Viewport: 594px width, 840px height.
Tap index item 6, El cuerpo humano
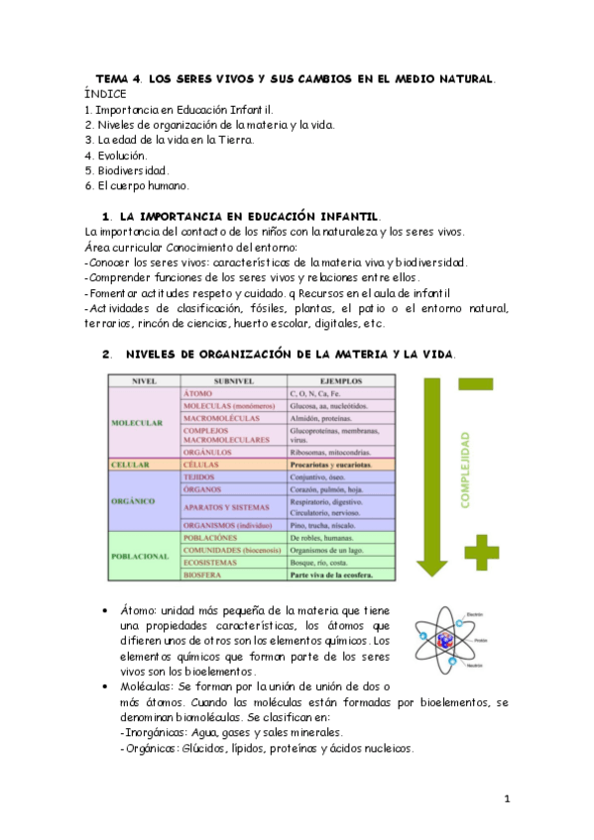(x=136, y=185)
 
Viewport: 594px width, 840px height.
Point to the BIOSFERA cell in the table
(x=205, y=574)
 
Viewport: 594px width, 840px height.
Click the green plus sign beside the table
(x=482, y=552)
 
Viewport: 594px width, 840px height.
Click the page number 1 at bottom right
(x=506, y=798)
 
